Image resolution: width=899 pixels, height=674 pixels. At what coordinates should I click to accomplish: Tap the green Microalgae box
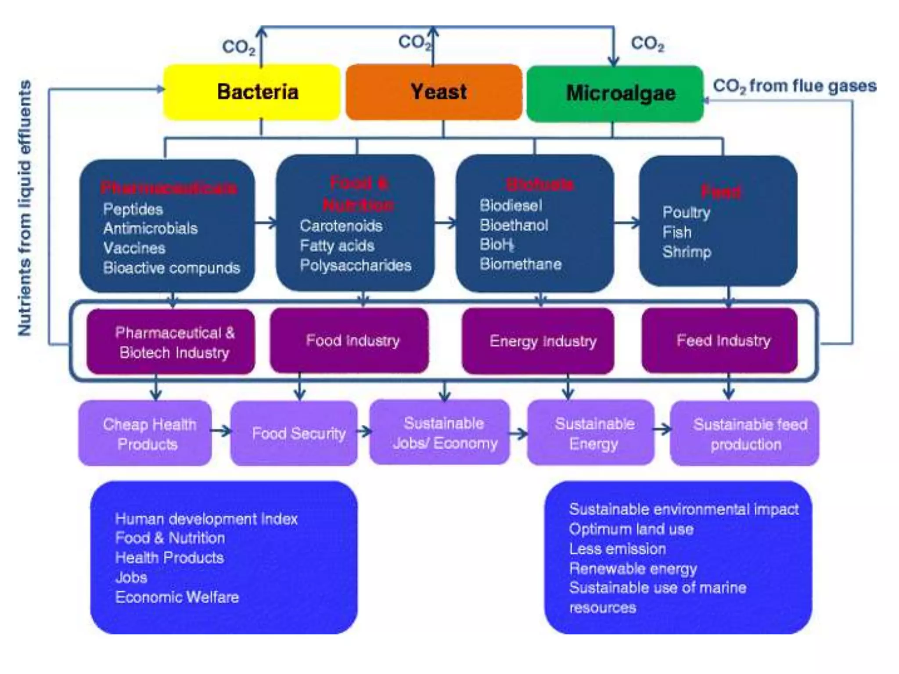615,93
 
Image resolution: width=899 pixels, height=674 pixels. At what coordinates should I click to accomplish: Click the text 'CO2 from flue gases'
794,86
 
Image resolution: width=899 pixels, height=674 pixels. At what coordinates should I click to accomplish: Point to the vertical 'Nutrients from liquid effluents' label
25,208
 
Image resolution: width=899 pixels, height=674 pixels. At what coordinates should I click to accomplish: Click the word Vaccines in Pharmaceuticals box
134,248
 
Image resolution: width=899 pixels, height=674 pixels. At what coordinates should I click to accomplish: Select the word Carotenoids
341,226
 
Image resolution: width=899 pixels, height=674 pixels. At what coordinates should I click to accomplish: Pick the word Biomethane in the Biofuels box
521,264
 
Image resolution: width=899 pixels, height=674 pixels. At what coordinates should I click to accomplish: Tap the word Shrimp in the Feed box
687,252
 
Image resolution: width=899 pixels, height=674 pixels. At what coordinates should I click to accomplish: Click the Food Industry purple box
350,341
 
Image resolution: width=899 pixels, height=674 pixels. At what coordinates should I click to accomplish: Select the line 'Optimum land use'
631,529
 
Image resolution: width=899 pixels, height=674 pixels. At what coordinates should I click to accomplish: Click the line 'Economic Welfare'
177,597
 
